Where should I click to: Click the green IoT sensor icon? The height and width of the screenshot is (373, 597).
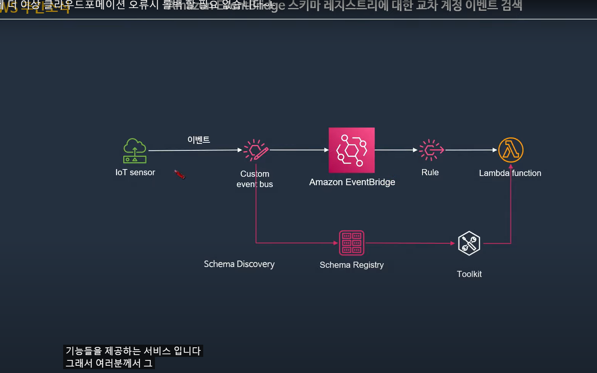135,151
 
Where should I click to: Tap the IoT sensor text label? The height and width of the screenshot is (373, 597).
135,173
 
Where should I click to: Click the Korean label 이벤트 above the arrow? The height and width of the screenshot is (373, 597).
199,140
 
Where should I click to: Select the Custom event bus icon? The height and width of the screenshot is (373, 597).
256,150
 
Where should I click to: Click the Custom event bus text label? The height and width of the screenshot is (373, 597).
254,179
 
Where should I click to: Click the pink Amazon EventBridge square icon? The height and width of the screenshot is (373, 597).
351,150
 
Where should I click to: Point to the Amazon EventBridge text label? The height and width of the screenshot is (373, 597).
352,182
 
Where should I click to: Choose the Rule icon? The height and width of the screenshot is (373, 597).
431,150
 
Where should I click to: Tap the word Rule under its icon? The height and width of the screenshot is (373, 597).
430,173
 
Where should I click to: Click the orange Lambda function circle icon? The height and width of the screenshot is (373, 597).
511,150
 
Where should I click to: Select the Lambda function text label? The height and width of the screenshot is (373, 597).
510,173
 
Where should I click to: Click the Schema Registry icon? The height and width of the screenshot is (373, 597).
351,243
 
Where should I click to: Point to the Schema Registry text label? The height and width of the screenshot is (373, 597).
351,265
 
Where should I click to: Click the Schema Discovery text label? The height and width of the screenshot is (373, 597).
239,264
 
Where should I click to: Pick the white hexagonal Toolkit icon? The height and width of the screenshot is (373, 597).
469,243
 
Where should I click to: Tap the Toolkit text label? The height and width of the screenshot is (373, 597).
469,274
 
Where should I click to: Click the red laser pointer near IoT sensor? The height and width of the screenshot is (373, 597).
179,175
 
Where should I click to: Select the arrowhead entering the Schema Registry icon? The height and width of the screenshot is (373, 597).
336,243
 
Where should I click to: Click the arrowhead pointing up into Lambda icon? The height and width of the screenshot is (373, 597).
511,166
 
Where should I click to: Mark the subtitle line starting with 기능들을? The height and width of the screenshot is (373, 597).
133,351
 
